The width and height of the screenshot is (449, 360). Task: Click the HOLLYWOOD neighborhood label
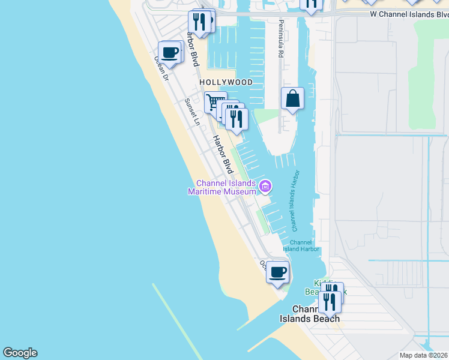tap(226, 82)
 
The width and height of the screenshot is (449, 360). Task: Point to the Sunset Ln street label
tap(192, 112)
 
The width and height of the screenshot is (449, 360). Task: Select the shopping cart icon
tap(215, 101)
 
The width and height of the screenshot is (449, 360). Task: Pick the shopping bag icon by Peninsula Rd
tap(292, 98)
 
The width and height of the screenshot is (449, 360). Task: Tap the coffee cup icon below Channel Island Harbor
tap(277, 272)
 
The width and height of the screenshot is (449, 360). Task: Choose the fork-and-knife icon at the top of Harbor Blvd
tap(199, 22)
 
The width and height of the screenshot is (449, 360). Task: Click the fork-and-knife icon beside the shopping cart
tap(237, 118)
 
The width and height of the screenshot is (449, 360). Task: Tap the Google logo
tap(20, 353)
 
